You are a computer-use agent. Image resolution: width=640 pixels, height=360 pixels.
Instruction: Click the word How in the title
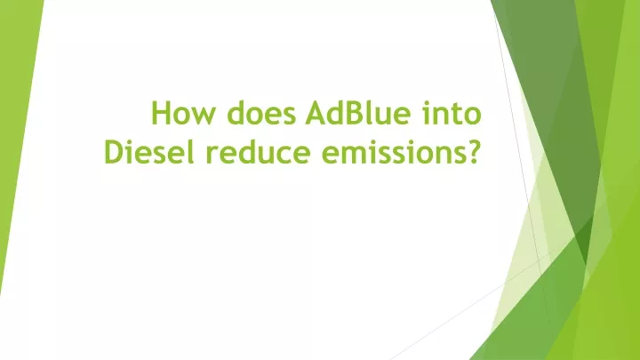(182, 112)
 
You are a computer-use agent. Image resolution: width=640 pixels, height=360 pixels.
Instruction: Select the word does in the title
(261, 112)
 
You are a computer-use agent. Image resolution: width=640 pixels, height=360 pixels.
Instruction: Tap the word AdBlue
(357, 112)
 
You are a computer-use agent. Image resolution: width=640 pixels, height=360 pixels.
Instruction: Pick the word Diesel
(149, 151)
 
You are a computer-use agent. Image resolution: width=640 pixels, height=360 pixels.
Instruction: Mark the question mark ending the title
(472, 151)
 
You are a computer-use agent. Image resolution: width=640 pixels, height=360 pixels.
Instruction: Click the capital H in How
(161, 112)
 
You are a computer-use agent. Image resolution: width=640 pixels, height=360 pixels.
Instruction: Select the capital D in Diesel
(115, 152)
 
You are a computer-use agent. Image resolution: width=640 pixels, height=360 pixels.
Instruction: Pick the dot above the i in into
(426, 102)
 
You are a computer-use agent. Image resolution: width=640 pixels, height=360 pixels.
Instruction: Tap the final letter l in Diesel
(191, 151)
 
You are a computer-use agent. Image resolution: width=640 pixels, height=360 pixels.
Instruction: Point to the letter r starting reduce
(212, 155)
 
